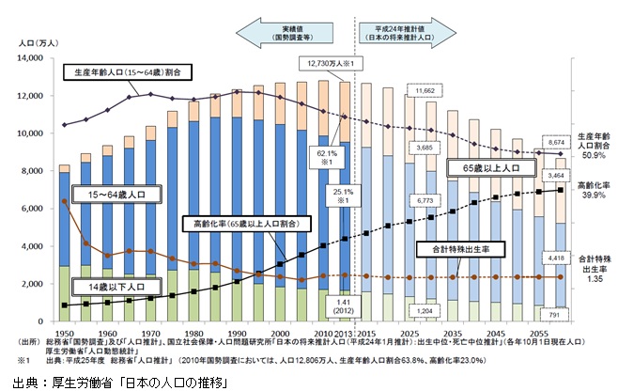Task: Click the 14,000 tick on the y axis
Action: click(x=32, y=58)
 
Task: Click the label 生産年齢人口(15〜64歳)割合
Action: click(x=129, y=71)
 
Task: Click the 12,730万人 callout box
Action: click(x=329, y=64)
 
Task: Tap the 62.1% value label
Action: click(x=324, y=151)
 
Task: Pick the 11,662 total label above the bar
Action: click(x=425, y=90)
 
